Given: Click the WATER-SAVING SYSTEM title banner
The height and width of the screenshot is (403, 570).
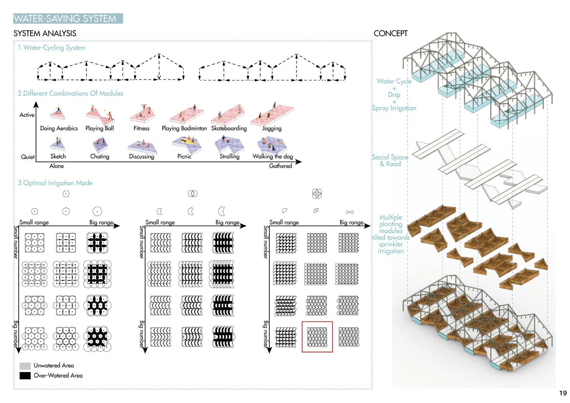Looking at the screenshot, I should (x=68, y=19).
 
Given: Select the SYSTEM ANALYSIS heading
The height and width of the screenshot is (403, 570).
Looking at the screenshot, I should (x=45, y=33).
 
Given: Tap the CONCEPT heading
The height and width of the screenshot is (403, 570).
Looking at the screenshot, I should (x=390, y=33).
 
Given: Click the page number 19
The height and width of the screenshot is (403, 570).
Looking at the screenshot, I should (x=563, y=393).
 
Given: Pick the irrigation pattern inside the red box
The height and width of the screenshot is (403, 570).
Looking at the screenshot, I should (x=317, y=337).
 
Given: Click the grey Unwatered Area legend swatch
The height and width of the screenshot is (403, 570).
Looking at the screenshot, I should (x=25, y=366).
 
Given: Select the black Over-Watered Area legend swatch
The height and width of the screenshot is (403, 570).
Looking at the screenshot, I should (x=25, y=376).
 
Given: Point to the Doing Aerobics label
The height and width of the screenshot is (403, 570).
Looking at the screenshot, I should (x=59, y=128).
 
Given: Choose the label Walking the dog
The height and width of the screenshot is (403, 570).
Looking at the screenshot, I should (x=273, y=157).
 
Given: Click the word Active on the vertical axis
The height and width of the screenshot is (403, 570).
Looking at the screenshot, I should (x=27, y=115).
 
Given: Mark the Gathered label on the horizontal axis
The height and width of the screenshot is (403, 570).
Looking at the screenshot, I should (x=280, y=166).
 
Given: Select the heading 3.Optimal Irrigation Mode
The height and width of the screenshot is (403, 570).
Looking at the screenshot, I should (x=55, y=183).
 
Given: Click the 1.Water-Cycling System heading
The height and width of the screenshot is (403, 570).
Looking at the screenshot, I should (x=51, y=48).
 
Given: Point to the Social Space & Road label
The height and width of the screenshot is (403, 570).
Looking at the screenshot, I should (x=390, y=160).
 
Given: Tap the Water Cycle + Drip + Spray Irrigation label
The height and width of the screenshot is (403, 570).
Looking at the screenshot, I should (x=394, y=94).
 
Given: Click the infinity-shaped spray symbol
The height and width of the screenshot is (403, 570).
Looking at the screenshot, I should (x=350, y=212).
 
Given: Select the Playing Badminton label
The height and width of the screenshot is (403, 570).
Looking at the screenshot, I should (x=184, y=128).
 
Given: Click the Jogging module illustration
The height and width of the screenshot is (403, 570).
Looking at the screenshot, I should (x=272, y=114).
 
